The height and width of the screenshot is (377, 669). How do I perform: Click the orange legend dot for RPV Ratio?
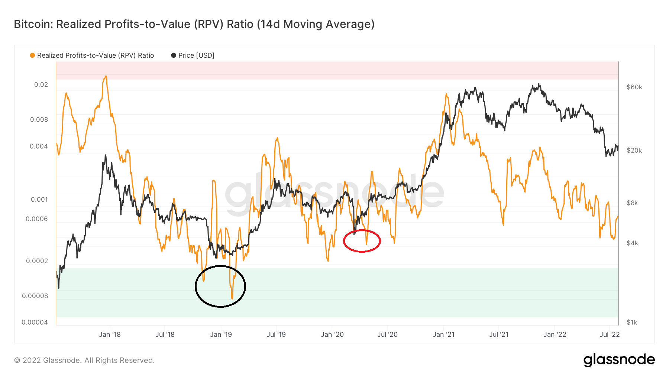click(x=32, y=55)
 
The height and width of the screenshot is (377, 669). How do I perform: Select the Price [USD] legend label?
click(x=196, y=55)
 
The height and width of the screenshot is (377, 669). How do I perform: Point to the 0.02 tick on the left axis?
click(x=41, y=84)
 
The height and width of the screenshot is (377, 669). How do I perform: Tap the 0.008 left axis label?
click(x=39, y=119)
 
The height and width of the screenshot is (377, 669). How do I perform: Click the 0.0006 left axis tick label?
click(x=37, y=219)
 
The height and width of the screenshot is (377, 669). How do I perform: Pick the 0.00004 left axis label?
click(x=35, y=322)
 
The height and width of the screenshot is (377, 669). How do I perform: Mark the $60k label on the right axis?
click(x=634, y=87)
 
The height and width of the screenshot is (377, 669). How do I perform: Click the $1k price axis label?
click(x=632, y=322)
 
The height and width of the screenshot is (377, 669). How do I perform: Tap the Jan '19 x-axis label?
click(x=221, y=335)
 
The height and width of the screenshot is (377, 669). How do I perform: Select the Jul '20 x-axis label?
click(x=387, y=335)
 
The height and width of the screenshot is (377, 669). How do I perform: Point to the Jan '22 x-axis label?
click(x=555, y=335)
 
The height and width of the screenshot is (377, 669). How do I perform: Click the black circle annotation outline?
click(x=196, y=286)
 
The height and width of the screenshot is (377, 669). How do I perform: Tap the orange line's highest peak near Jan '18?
click(x=106, y=77)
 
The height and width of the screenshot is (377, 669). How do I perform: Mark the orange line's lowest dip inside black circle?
click(x=232, y=298)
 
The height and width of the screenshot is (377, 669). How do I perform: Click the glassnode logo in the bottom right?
click(x=619, y=360)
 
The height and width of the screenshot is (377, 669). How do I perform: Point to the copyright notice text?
click(x=84, y=360)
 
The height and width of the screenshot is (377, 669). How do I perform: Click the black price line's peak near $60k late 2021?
click(x=539, y=85)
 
